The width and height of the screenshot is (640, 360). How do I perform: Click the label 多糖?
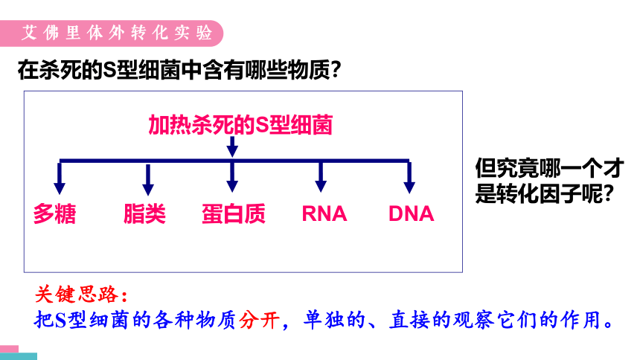pos(54,213)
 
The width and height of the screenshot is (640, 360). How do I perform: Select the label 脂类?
pos(144,213)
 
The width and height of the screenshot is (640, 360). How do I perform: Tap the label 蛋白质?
pos(234,213)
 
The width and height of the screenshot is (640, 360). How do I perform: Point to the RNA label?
pos(324,214)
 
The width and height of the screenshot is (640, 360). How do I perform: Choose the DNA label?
pos(411,214)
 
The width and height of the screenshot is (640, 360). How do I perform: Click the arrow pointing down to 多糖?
pos(60,179)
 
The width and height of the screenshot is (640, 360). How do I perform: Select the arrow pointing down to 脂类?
pos(148,179)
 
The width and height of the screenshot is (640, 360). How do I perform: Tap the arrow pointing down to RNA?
pos(321,177)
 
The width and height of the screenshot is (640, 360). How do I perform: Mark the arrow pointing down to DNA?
pos(409,178)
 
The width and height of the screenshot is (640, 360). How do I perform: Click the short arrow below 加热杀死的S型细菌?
pos(232,147)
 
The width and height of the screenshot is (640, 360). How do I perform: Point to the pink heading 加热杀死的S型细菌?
pos(240,125)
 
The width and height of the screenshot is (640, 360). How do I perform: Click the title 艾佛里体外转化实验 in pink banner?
pos(117,33)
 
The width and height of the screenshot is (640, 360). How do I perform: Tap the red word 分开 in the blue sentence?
pos(260,320)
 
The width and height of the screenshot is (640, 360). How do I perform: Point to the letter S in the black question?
pos(109,70)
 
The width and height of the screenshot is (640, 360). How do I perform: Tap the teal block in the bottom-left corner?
pos(19,356)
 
